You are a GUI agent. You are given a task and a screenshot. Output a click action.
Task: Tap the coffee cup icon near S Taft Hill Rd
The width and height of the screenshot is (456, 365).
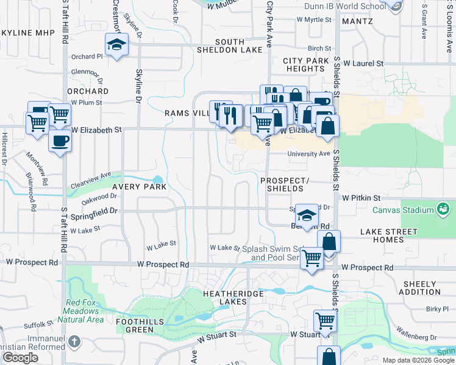point(60,141)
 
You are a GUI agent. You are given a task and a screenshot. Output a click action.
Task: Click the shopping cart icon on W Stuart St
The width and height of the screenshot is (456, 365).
point(325,320)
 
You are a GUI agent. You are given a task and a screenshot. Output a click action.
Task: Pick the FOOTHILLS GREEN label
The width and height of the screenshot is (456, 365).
point(136,325)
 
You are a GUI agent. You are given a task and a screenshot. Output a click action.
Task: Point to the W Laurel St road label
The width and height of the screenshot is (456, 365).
point(363,63)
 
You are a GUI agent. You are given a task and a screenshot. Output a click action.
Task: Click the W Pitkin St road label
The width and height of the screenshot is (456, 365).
point(361,198)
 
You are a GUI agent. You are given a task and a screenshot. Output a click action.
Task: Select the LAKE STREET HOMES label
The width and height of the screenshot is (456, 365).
point(388,235)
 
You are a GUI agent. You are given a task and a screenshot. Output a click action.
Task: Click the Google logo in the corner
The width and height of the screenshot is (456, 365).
point(20,358)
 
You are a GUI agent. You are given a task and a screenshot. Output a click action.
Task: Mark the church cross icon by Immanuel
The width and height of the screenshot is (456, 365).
point(74,341)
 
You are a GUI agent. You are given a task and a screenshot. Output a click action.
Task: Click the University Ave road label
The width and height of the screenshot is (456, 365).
point(308,154)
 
